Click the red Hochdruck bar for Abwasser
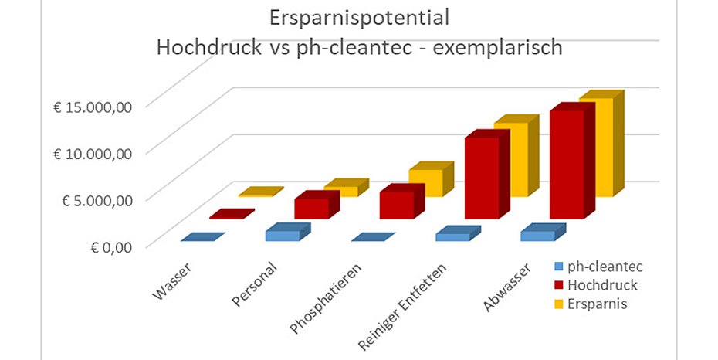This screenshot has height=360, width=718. click(x=566, y=164)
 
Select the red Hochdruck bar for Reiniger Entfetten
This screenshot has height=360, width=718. click(x=481, y=178)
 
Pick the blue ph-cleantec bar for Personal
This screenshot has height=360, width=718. click(x=282, y=235)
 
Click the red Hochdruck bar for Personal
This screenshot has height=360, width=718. click(x=311, y=209)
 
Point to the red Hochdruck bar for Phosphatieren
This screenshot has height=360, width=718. click(x=396, y=205)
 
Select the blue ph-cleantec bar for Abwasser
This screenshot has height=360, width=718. click(x=537, y=236)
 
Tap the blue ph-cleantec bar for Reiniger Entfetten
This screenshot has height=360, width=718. click(x=452, y=237)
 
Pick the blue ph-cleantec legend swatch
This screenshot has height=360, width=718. click(x=557, y=267)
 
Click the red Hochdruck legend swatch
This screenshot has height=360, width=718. click(x=557, y=286)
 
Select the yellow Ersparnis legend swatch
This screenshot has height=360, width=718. click(x=557, y=304)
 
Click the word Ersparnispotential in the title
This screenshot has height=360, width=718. click(x=359, y=17)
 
